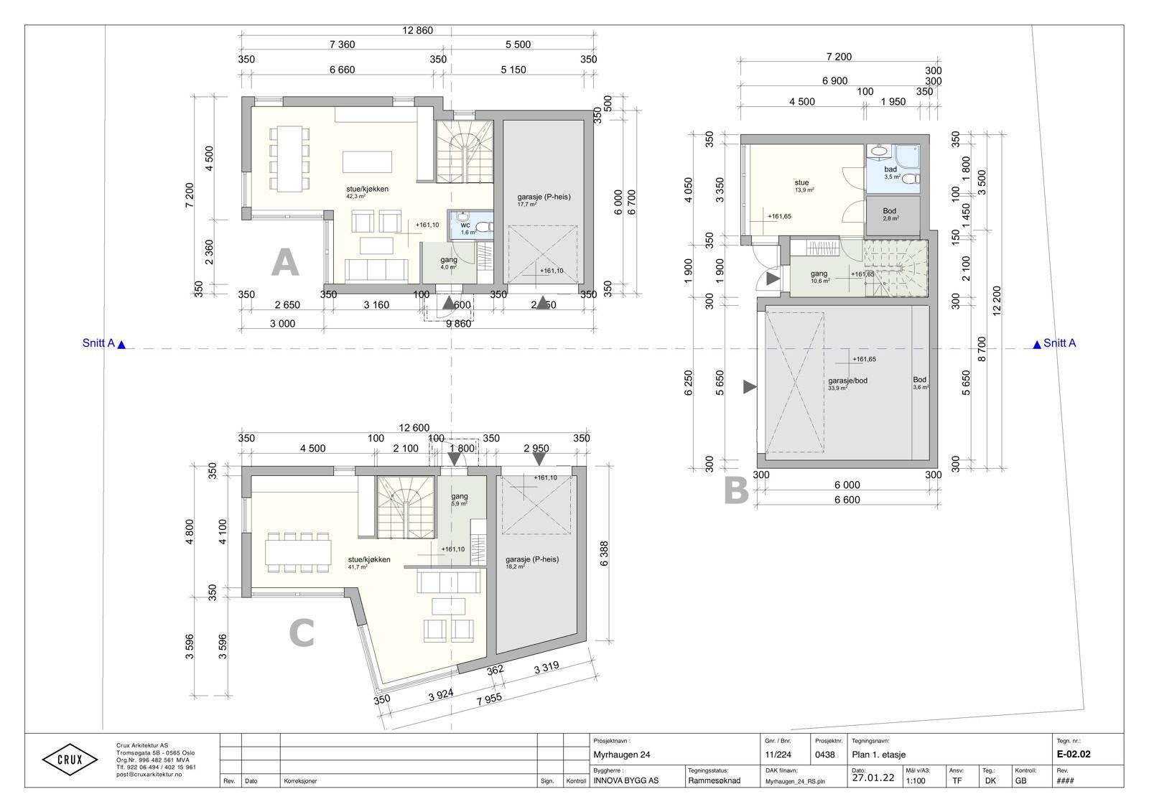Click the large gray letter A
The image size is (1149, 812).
[284, 263]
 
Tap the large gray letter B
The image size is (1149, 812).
[735, 492]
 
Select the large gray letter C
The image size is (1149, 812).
[302, 634]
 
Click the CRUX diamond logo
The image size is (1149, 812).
[70, 760]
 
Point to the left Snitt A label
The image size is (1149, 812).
[99, 343]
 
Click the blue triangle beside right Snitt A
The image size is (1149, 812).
[1036, 345]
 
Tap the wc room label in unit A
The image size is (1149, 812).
[465, 225]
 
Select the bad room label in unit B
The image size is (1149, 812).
[890, 169]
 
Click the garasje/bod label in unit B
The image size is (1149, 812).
[847, 381]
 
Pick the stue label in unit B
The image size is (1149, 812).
[801, 183]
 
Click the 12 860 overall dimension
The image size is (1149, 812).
[418, 30]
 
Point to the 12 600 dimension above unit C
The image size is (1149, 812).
[414, 428]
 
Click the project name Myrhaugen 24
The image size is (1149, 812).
[622, 755]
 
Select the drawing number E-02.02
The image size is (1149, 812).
[1074, 755]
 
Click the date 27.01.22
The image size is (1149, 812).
[873, 778]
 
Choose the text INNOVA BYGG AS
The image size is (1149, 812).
[625, 780]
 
